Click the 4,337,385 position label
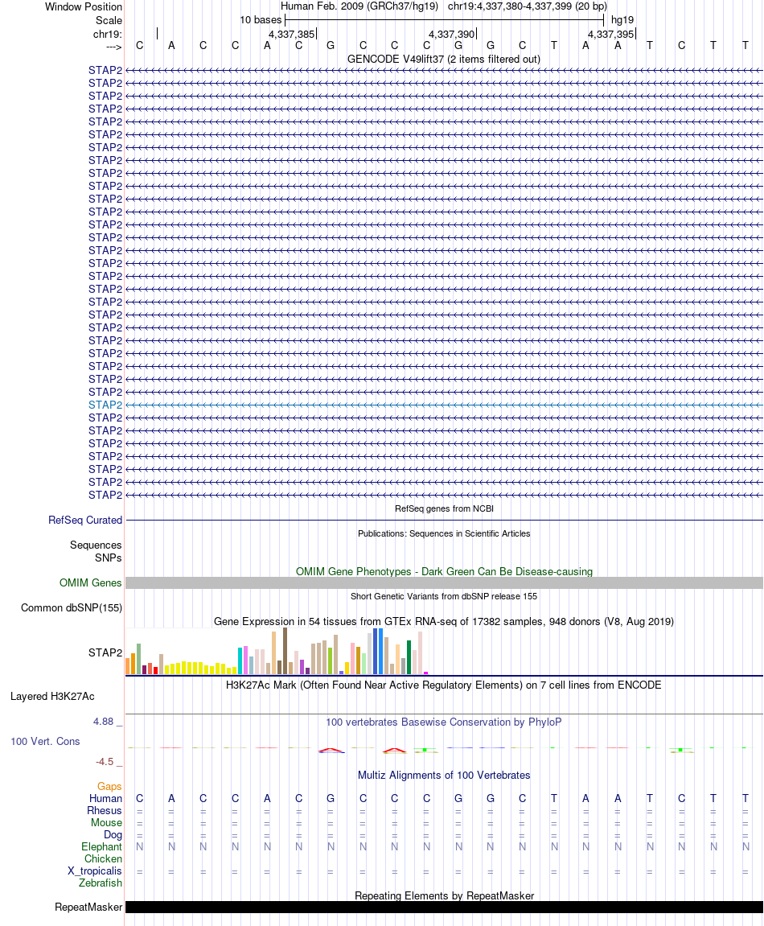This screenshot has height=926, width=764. tap(291, 35)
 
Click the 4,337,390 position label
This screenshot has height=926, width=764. tap(451, 35)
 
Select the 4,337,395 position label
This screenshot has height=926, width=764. tap(610, 35)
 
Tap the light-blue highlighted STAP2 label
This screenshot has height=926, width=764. tap(105, 405)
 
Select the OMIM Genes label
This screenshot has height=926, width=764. tap(91, 583)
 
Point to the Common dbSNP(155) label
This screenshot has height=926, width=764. tap(72, 608)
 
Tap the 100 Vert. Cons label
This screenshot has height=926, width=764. tap(45, 741)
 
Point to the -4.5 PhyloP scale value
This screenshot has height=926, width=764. tap(105, 762)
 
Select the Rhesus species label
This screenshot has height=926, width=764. tap(105, 811)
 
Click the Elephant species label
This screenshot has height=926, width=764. tap(101, 847)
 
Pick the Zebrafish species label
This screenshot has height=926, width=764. tap(101, 883)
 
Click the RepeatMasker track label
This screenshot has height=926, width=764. tap(88, 907)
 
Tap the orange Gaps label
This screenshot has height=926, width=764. tap(109, 786)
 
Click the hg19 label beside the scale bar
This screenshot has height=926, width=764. tap(622, 19)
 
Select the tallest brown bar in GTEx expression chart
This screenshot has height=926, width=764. tap(285, 651)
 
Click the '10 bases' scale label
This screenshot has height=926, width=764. tap(261, 19)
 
